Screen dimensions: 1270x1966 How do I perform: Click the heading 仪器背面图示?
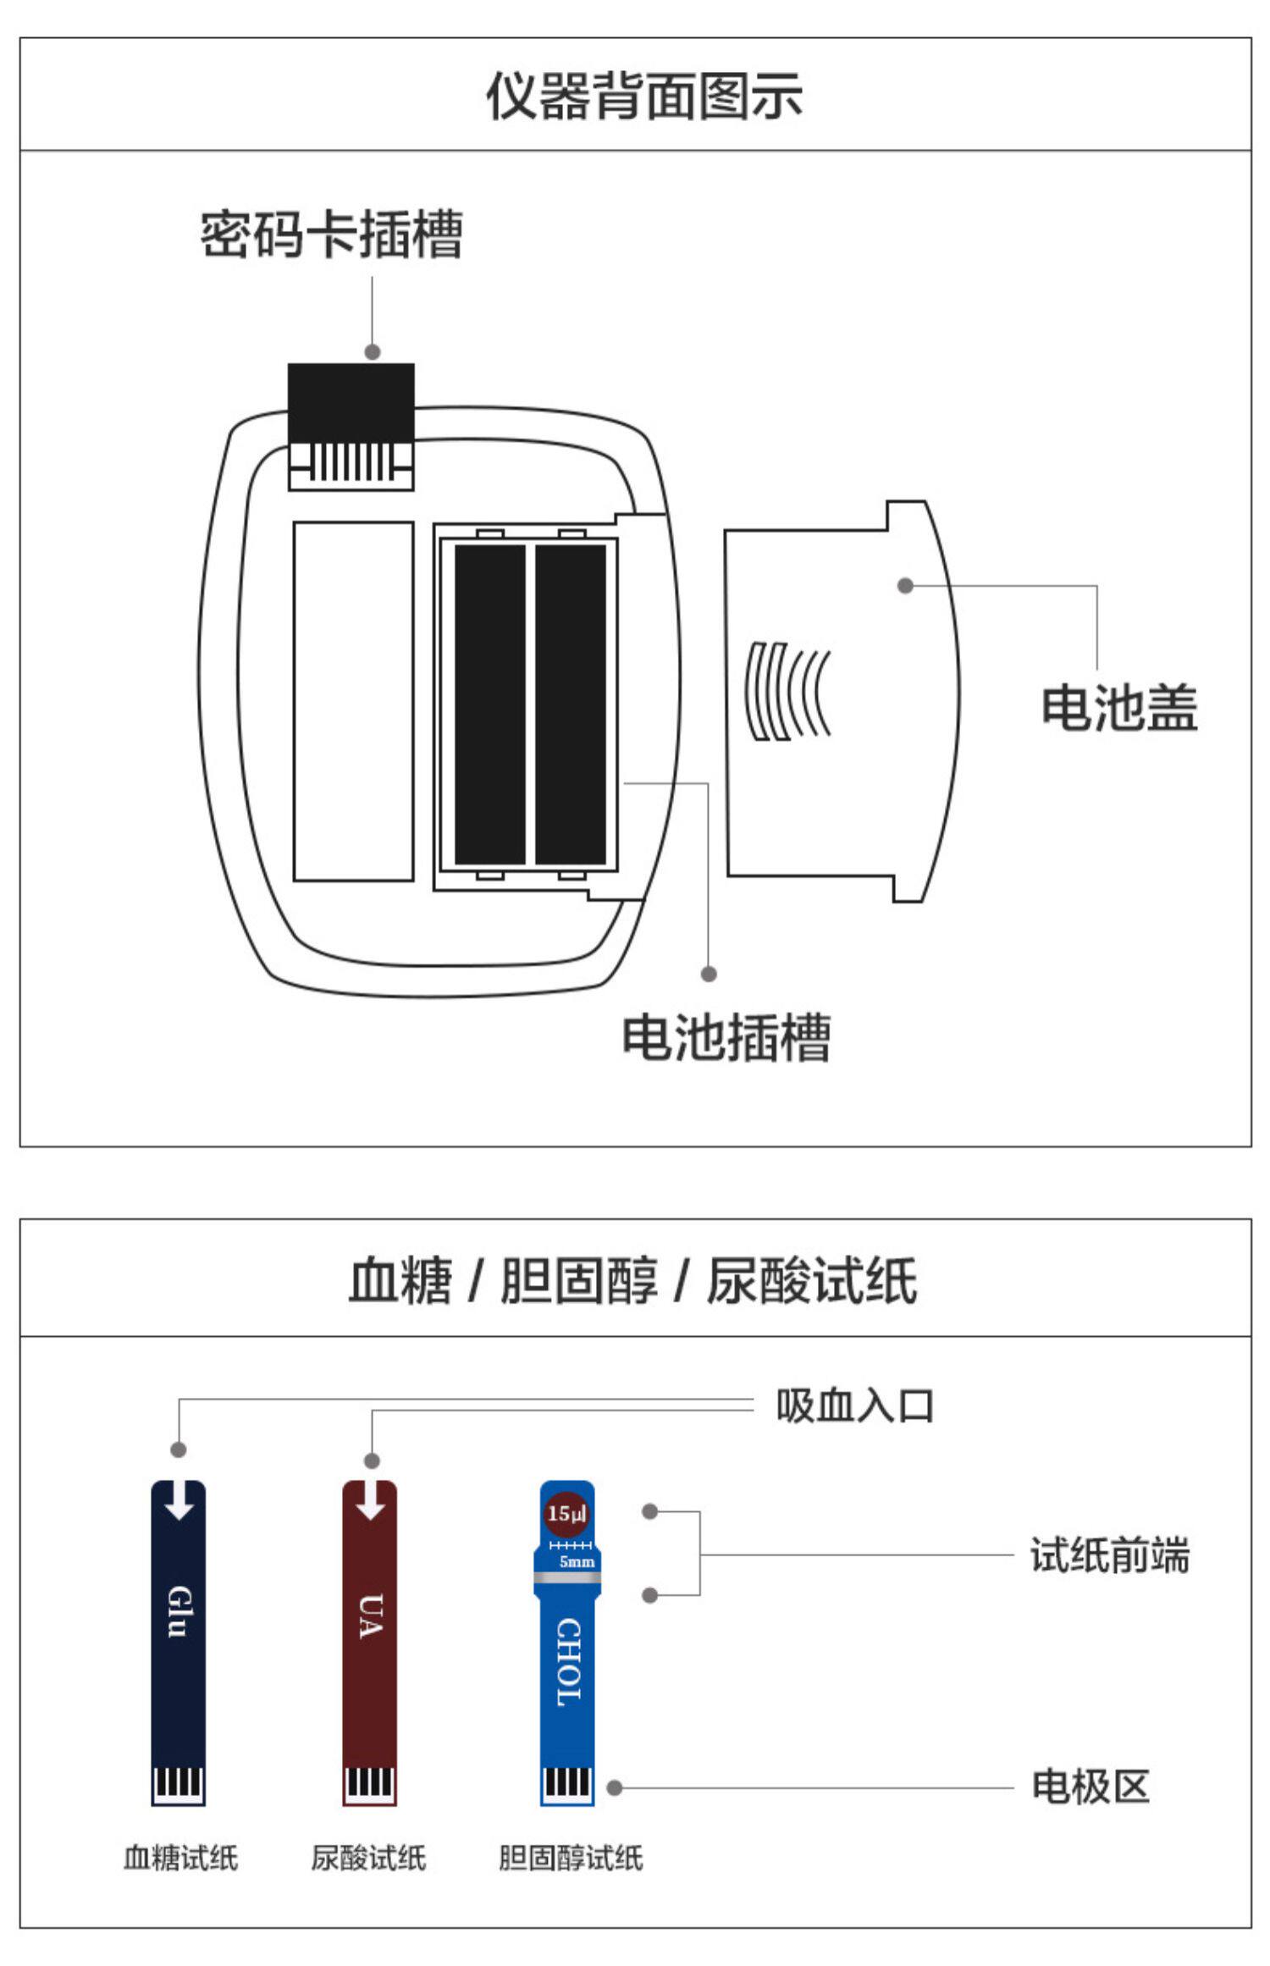pos(643,96)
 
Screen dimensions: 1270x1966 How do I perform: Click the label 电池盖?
pos(1118,708)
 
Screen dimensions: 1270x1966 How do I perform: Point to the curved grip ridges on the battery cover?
pos(787,691)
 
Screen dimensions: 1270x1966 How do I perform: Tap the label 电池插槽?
pos(726,1037)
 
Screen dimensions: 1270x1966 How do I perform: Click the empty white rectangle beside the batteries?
pos(353,701)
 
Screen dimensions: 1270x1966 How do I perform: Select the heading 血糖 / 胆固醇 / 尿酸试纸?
pos(633,1279)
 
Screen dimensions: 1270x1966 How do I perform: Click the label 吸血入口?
pos(855,1406)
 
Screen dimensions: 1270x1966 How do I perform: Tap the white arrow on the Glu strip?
pos(179,1500)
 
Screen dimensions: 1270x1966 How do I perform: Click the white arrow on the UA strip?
pos(370,1500)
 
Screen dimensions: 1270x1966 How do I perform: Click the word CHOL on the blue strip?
pos(568,1662)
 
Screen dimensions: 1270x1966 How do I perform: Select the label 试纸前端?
pos(1109,1555)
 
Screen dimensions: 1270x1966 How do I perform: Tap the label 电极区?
pos(1091,1787)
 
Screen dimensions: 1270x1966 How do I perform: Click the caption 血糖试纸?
pos(180,1858)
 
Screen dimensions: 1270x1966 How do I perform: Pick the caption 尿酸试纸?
pos(368,1858)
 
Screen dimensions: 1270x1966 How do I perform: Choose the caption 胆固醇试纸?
pos(570,1858)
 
